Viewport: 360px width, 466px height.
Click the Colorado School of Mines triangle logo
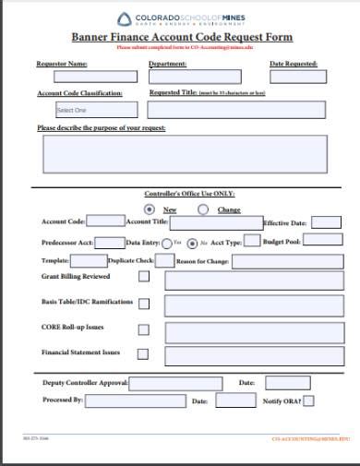click(x=125, y=18)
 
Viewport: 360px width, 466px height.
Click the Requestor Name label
click(x=62, y=65)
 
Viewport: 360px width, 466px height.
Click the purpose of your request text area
click(x=185, y=154)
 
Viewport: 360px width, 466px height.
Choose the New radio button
click(x=150, y=209)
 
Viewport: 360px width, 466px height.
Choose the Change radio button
click(x=203, y=209)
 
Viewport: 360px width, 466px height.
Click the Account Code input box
click(x=105, y=221)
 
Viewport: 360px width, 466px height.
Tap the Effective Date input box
click(x=326, y=222)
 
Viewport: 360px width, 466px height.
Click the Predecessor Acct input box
click(x=110, y=243)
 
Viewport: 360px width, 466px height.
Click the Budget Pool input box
click(x=322, y=240)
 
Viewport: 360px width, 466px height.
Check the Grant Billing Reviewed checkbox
click(x=143, y=278)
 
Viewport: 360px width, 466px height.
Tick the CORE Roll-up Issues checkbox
click(x=143, y=329)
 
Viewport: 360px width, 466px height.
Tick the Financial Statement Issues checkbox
click(x=143, y=354)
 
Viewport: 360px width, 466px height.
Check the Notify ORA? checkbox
click(x=309, y=400)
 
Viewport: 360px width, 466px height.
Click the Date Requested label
click(x=293, y=65)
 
